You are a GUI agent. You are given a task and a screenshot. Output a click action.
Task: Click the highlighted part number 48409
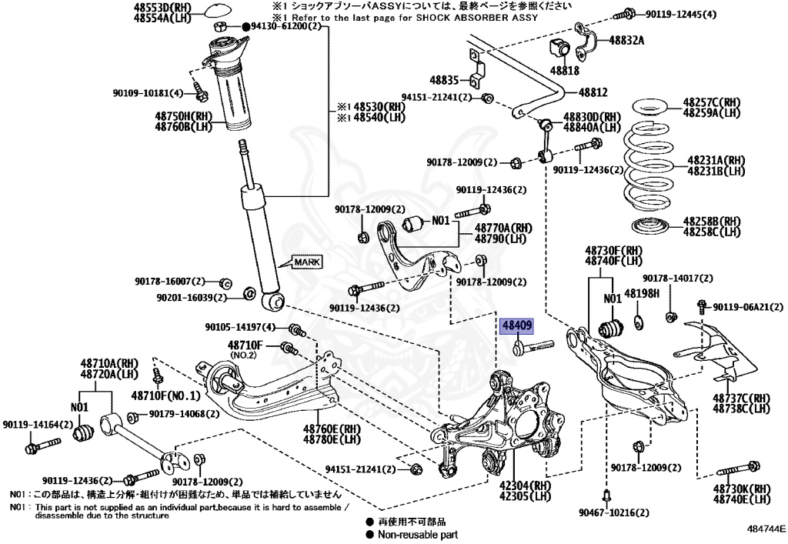517,326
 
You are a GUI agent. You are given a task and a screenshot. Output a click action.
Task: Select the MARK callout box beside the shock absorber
306,262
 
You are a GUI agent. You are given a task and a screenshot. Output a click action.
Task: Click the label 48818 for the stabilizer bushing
565,70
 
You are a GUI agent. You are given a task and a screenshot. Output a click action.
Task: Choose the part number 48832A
626,40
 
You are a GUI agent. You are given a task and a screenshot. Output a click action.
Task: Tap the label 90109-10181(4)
149,93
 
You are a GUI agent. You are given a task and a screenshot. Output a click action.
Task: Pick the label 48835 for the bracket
444,79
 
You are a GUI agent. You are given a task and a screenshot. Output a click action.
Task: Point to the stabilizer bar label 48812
593,92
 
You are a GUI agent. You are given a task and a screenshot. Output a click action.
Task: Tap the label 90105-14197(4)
242,328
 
